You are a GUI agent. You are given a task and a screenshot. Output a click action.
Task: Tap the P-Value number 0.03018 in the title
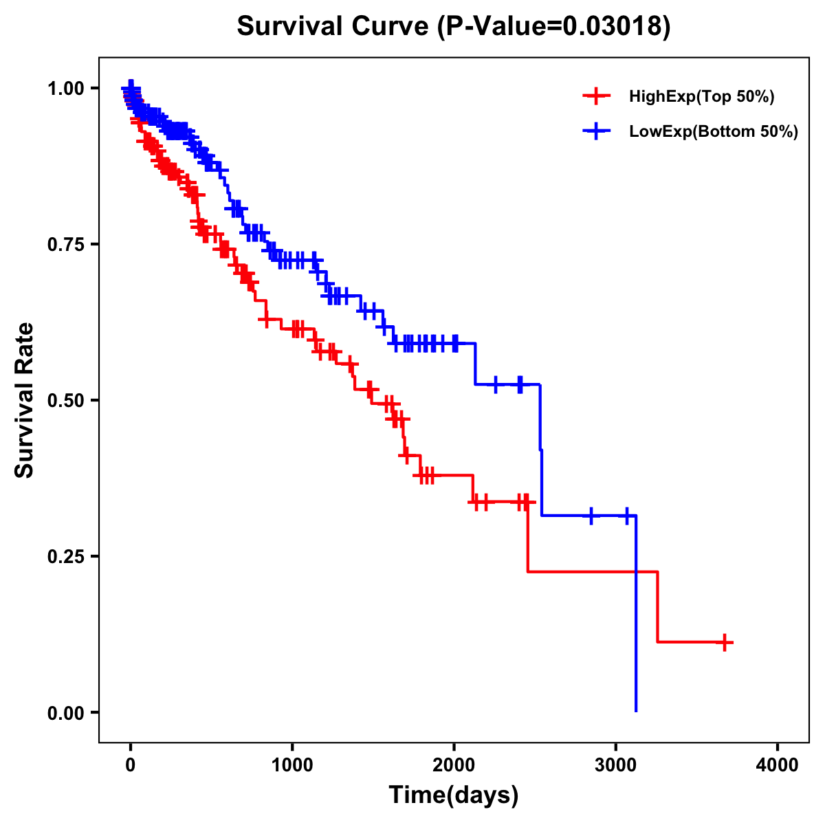pos(613,27)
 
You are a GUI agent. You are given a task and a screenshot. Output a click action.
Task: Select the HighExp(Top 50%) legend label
pos(701,97)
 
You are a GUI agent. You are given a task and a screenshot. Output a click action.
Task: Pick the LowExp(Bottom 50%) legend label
pos(714,131)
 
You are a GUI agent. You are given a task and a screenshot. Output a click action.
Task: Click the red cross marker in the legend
pos(596,96)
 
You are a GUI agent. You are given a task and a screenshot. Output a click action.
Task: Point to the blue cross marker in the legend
pos(596,131)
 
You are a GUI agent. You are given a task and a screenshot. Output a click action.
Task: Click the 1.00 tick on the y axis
pos(65,88)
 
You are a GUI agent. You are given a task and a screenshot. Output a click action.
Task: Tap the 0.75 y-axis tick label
pos(65,244)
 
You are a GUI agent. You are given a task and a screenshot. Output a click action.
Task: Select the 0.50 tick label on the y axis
pos(65,400)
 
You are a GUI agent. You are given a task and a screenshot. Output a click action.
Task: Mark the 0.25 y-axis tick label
pos(65,556)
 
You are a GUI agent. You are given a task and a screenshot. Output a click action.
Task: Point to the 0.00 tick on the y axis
pos(65,712)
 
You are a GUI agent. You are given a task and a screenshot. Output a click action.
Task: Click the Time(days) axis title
pos(454,795)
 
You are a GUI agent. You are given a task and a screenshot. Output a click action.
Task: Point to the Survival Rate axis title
pos(25,400)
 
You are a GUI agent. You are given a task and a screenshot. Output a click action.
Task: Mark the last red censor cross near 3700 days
pos(724,642)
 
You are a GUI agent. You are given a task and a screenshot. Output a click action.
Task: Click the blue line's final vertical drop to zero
pos(636,619)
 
